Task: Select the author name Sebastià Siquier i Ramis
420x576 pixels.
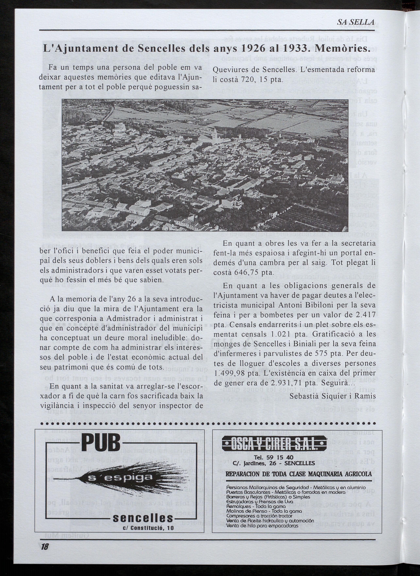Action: [x=333, y=396]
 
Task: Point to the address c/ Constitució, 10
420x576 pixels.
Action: [x=148, y=528]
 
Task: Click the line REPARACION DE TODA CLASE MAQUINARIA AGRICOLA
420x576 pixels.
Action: [x=299, y=474]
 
